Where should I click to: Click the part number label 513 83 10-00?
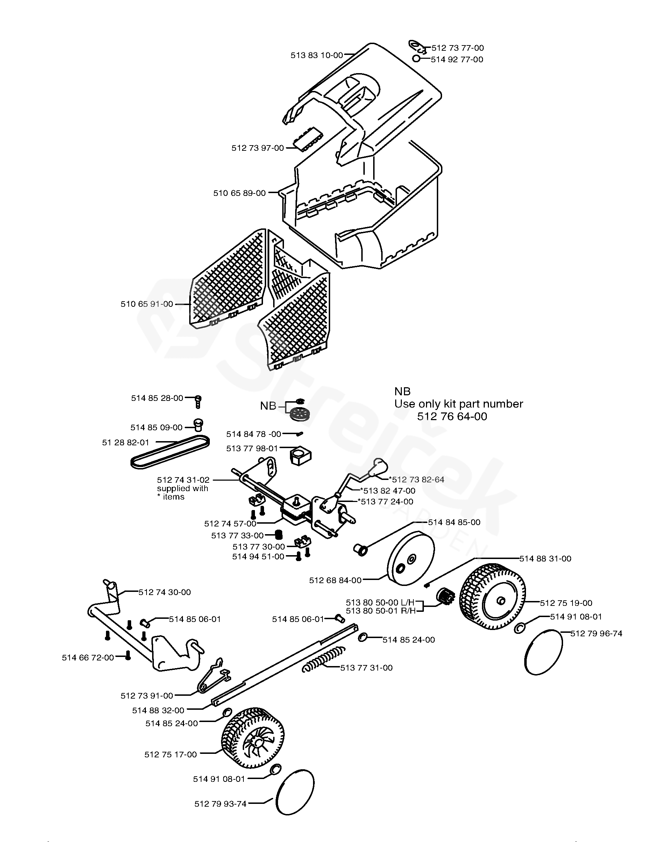317,56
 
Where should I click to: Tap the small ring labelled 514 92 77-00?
416,59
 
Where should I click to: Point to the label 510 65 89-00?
239,193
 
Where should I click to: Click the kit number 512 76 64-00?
452,416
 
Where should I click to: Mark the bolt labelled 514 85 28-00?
198,402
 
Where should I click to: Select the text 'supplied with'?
182,488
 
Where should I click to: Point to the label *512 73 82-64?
417,480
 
